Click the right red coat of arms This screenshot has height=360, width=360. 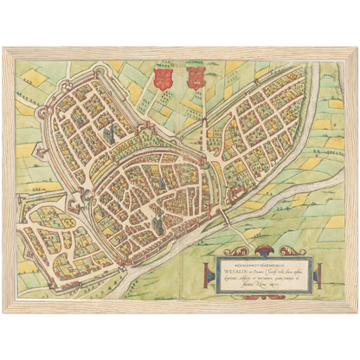coord(194,79)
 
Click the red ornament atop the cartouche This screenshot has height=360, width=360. coord(265,243)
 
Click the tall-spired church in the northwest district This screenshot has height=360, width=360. coord(107,133)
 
